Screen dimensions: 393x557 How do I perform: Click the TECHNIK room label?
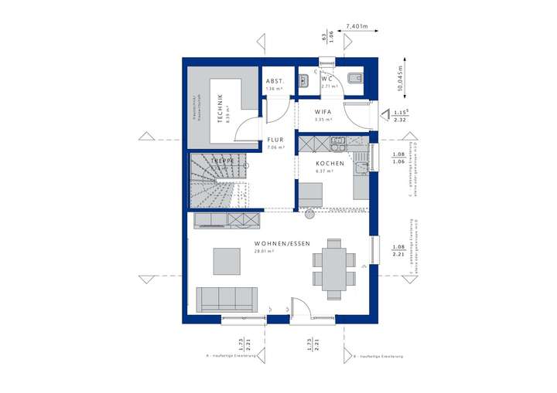pos(220,108)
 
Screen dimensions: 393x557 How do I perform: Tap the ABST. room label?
pos(275,81)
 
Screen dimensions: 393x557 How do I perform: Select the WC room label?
pos(326,78)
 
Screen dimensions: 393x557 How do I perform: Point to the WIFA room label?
pos(323,112)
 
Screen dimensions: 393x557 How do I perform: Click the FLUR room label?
pos(275,140)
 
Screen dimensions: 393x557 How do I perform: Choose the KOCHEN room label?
pos(329,164)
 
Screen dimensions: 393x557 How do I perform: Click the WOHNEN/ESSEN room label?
pos(282,243)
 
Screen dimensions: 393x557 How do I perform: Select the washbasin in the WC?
pos(305,79)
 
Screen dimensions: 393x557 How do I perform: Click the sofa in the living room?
pos(227,298)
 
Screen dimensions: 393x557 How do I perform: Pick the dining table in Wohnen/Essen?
pos(334,268)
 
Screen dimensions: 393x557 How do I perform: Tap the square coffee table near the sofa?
pos(227,259)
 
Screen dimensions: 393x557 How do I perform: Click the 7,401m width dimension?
pos(357,25)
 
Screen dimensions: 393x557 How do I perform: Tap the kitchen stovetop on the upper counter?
pos(338,141)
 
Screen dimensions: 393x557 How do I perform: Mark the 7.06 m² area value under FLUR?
pos(275,147)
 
